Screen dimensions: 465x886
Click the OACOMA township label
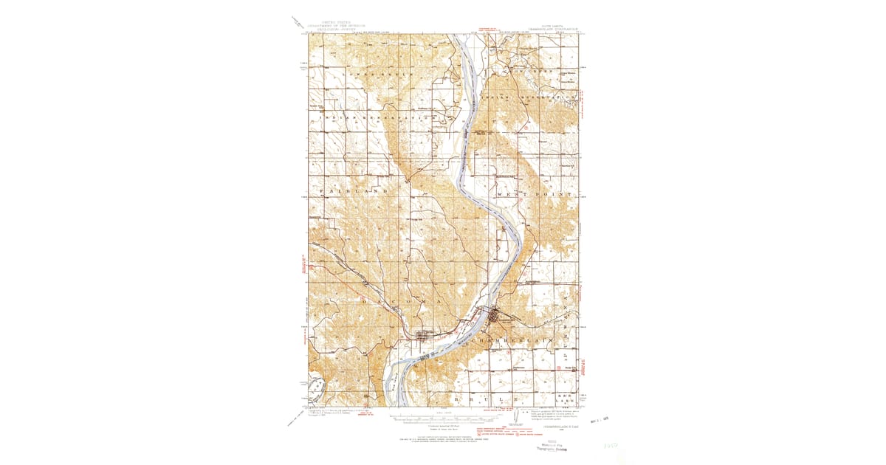coord(399,302)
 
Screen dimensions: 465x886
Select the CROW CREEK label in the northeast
coord(528,72)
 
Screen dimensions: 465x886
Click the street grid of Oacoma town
coord(425,337)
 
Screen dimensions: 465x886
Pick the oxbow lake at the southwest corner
coord(317,387)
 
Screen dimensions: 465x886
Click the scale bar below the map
coord(443,421)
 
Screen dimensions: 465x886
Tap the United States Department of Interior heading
coord(333,24)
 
